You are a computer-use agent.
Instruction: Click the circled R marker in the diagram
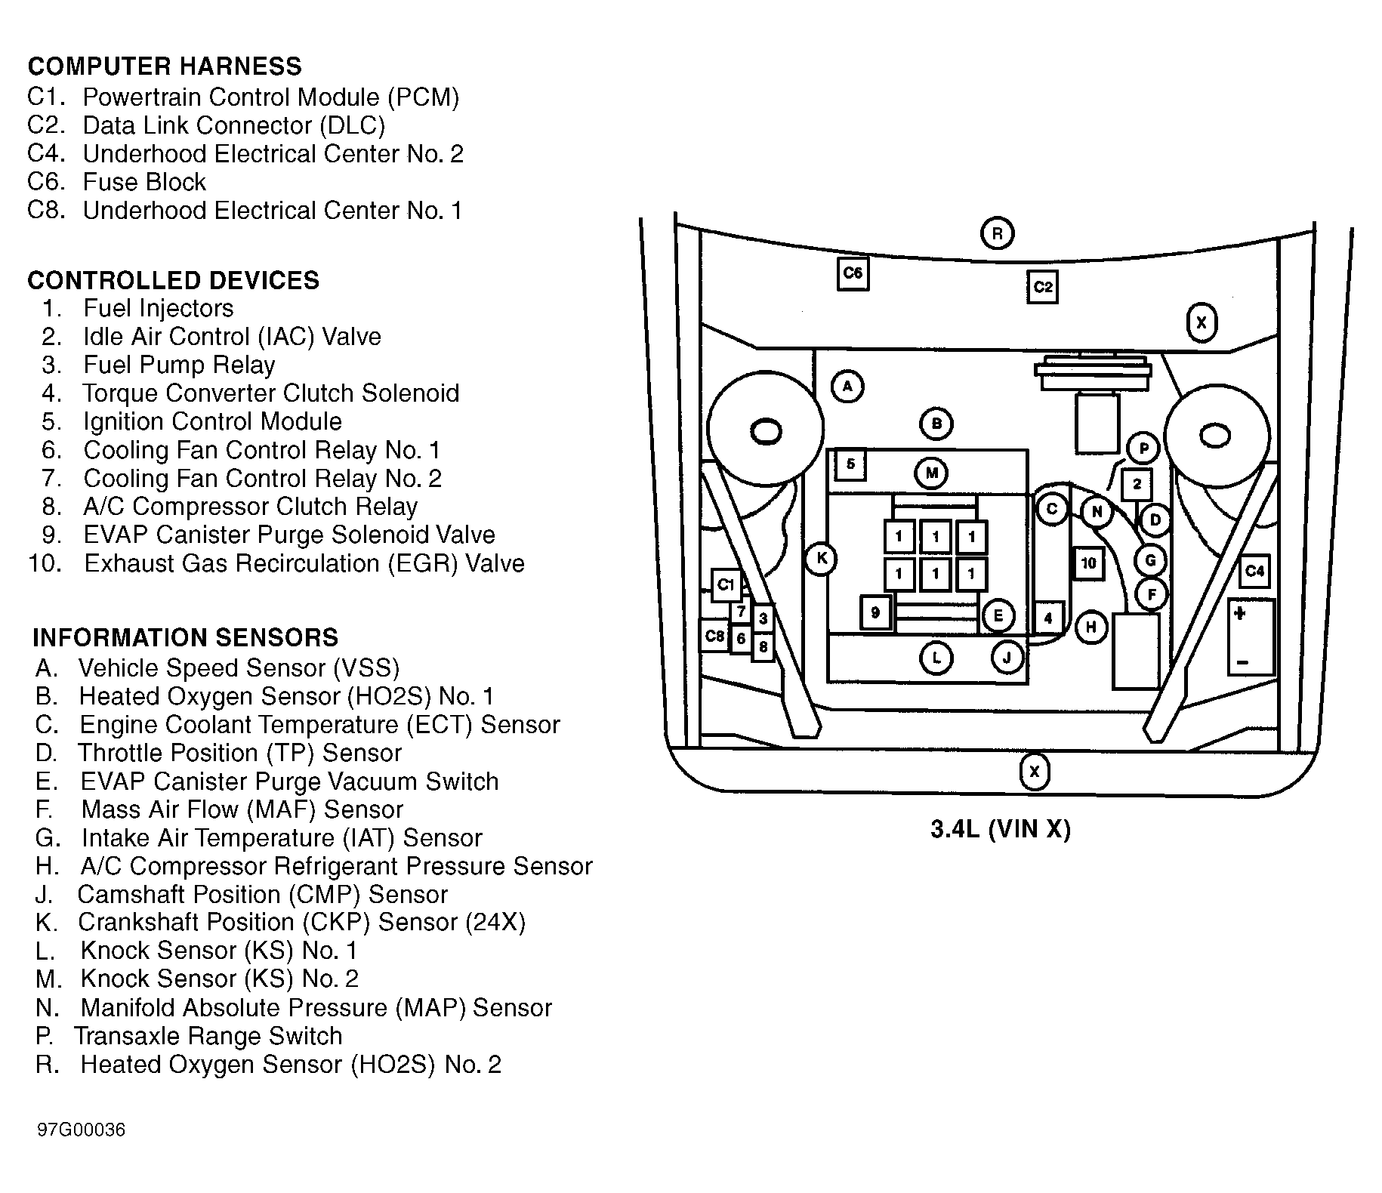coord(997,233)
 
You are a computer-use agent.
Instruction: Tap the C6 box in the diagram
coord(853,273)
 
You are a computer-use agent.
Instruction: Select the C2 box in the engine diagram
coord(1042,287)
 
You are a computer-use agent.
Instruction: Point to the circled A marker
coord(847,387)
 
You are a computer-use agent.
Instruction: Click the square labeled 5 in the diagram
coord(850,464)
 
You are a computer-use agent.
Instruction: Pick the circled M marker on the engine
coord(932,473)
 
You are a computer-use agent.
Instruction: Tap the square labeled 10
coord(1088,563)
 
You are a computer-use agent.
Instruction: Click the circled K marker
coord(822,560)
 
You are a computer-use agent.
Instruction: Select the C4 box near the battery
coord(1254,571)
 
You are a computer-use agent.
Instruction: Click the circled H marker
coord(1090,627)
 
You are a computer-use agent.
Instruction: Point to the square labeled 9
coord(876,612)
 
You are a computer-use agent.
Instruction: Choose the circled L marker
coord(936,658)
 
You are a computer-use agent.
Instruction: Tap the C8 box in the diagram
coord(714,636)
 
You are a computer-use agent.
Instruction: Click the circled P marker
coord(1143,449)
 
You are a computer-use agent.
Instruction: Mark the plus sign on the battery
coord(1239,614)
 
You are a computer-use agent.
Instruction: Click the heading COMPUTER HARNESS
coord(165,66)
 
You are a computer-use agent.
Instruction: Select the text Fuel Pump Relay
coord(179,365)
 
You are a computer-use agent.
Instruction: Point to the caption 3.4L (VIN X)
coord(1000,830)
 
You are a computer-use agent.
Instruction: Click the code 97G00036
coord(82,1130)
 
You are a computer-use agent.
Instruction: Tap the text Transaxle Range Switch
coord(208,1036)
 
